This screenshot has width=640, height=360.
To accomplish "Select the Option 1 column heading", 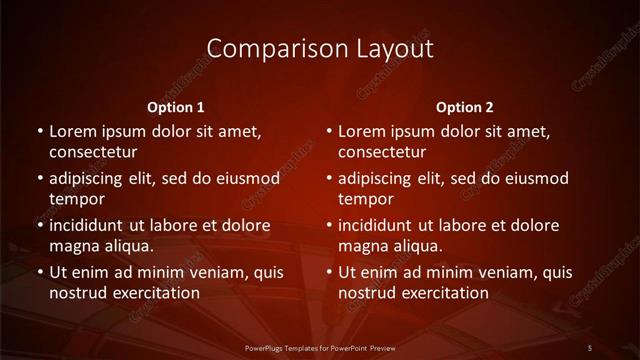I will (176, 107).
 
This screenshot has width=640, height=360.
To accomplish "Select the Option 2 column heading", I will (465, 107).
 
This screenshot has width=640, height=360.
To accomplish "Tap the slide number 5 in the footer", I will (590, 347).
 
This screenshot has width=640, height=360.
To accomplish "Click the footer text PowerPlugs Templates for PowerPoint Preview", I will (319, 347).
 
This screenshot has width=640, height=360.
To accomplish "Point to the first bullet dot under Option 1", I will (39, 131).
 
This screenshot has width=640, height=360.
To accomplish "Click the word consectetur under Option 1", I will (93, 153).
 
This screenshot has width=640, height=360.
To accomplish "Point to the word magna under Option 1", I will (73, 246).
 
